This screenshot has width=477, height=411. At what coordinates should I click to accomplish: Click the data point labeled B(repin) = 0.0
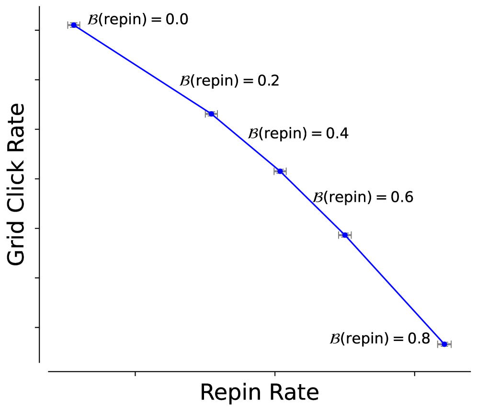(73, 25)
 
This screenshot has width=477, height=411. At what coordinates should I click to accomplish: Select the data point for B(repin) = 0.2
(211, 114)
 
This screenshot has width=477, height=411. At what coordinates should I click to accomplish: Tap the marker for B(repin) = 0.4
(280, 171)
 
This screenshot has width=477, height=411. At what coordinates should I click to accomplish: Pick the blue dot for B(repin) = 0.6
(345, 235)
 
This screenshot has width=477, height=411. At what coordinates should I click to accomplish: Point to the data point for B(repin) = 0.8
(444, 344)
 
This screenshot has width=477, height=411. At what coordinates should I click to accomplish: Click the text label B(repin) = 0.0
(137, 20)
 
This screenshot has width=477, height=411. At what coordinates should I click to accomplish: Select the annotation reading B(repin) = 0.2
(229, 81)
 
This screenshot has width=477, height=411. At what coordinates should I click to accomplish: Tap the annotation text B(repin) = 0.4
(298, 134)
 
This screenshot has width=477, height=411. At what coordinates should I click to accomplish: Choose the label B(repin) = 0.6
(363, 197)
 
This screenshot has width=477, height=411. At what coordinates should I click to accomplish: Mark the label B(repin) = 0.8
(380, 339)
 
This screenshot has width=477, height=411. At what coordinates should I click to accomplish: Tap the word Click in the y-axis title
(17, 183)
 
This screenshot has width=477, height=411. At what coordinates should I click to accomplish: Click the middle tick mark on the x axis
(274, 374)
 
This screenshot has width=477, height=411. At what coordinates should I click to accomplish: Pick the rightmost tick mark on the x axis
(414, 374)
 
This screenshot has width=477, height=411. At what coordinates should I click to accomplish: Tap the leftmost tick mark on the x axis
(136, 374)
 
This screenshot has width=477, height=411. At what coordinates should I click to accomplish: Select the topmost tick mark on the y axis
(36, 31)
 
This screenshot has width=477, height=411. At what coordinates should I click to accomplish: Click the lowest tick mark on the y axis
(36, 327)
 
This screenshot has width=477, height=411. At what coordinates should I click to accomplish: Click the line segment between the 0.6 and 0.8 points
(395, 289)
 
